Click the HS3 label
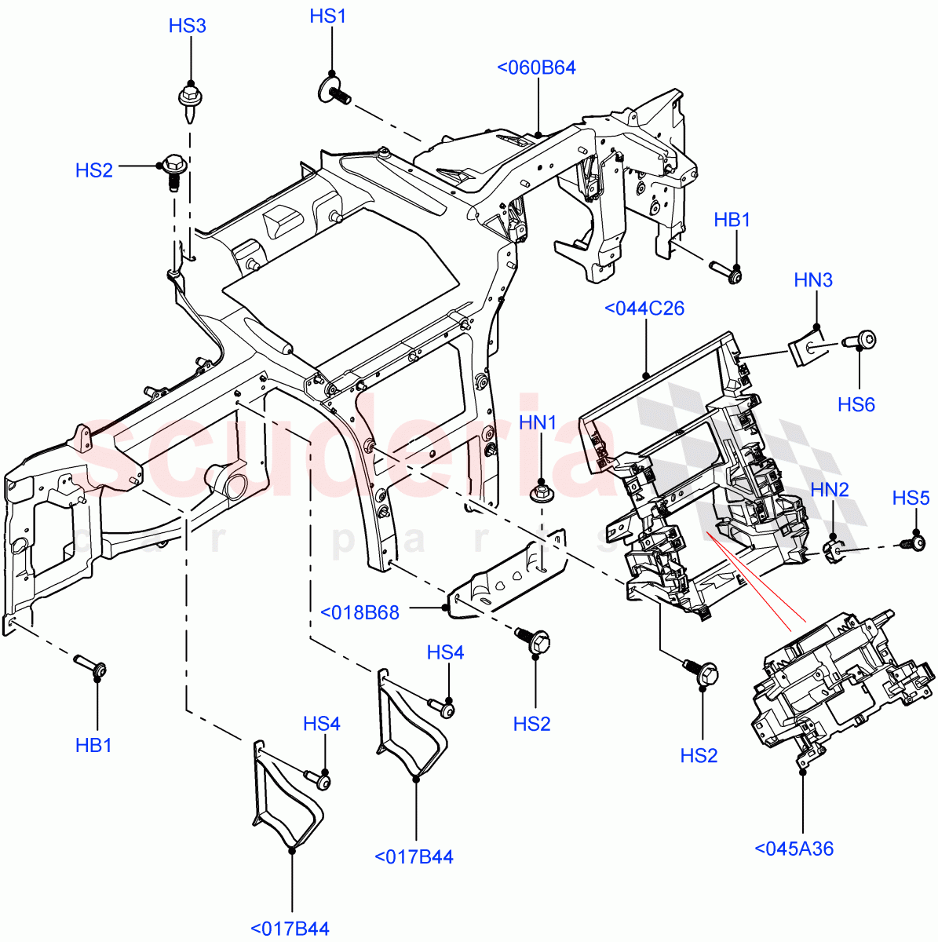pos(187,26)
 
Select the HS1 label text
pos(328,16)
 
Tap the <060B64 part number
pos(536,68)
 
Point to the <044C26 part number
pos(644,309)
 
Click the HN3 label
pos(813,280)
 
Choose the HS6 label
pos(856,404)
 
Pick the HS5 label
pos(911,498)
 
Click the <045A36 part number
pos(794,849)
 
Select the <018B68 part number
pos(360,612)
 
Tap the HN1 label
pos(538,424)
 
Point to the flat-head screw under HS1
pos(334,89)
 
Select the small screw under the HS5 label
pos(914,541)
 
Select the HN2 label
pos(830,490)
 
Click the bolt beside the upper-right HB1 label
pos(727,272)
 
